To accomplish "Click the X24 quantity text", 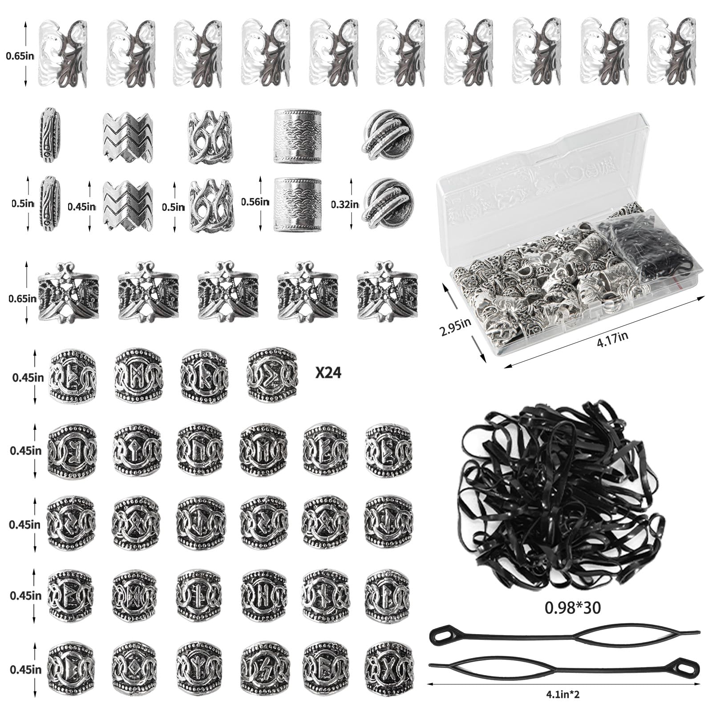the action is (328, 372).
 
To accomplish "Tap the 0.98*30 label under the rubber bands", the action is (573, 608).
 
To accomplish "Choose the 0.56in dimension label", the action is (255, 202).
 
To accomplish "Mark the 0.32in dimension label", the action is (345, 204).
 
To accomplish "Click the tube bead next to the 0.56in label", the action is (298, 205).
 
